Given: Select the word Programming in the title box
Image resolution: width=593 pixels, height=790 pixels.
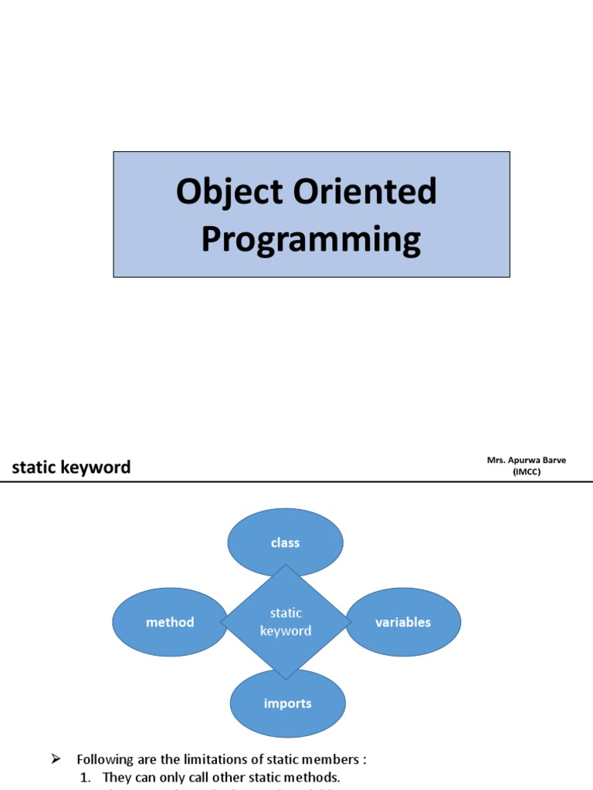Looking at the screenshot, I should [311, 239].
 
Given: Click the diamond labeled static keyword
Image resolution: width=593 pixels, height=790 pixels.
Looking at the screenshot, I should [286, 622].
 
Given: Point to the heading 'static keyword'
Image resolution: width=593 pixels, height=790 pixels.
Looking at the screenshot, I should [70, 467].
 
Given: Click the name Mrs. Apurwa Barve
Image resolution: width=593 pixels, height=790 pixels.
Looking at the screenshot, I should [527, 460].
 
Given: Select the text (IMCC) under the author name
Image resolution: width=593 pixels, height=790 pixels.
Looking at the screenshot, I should [527, 472].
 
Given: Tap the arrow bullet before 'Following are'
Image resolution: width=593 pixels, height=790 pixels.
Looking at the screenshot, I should [56, 759].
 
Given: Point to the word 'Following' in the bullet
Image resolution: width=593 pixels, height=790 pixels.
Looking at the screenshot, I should [104, 760].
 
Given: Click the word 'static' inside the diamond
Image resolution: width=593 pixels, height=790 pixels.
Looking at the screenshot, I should [286, 613].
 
